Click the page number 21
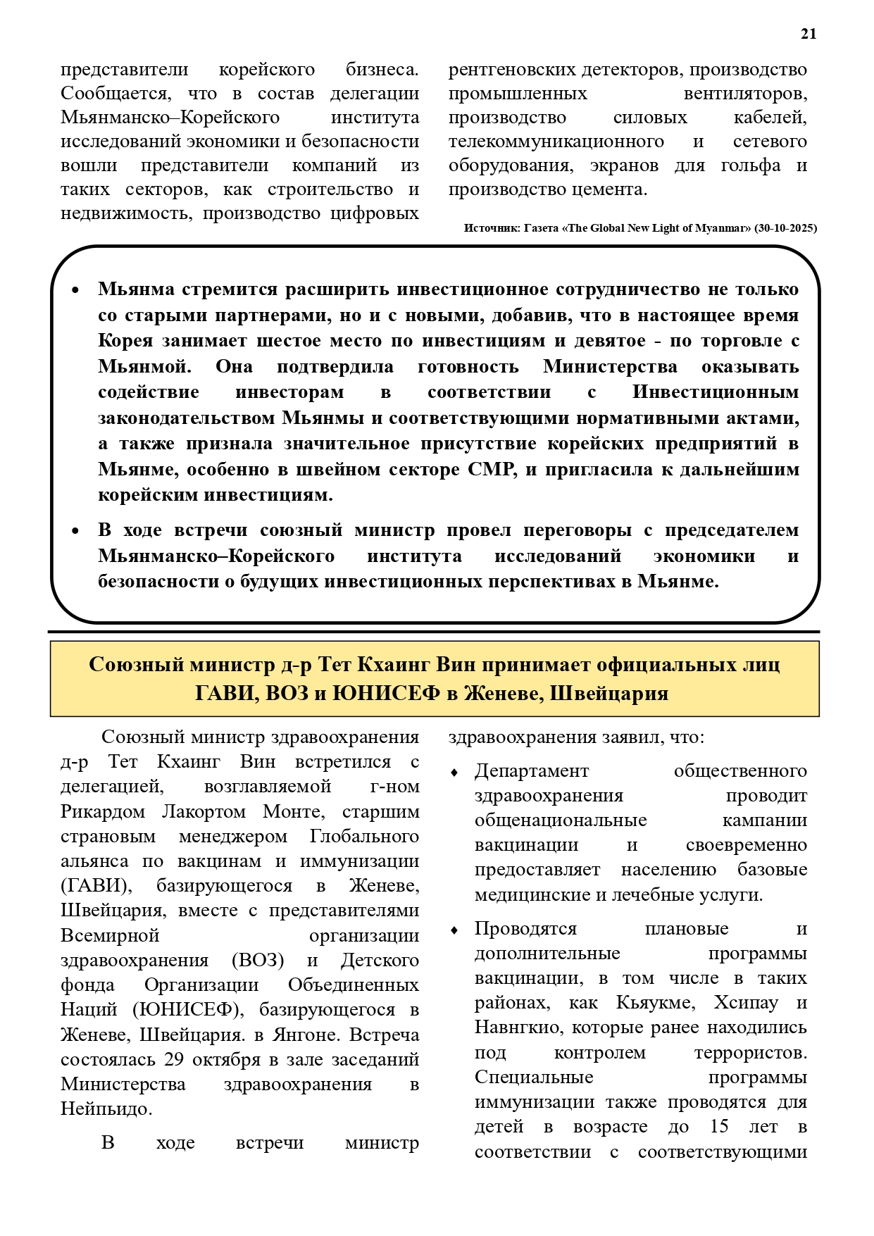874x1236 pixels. coord(809,34)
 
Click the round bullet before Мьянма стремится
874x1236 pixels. coord(76,290)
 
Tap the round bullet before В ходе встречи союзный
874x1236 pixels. coord(76,531)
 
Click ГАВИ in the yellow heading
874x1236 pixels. coord(223,694)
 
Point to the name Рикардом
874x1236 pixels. coord(103,811)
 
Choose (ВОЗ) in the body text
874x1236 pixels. coord(258,961)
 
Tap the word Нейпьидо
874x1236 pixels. coord(106,1109)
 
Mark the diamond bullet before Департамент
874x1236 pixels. coord(454,773)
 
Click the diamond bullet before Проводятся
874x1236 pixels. coord(454,930)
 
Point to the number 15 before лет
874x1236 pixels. coord(719,1126)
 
